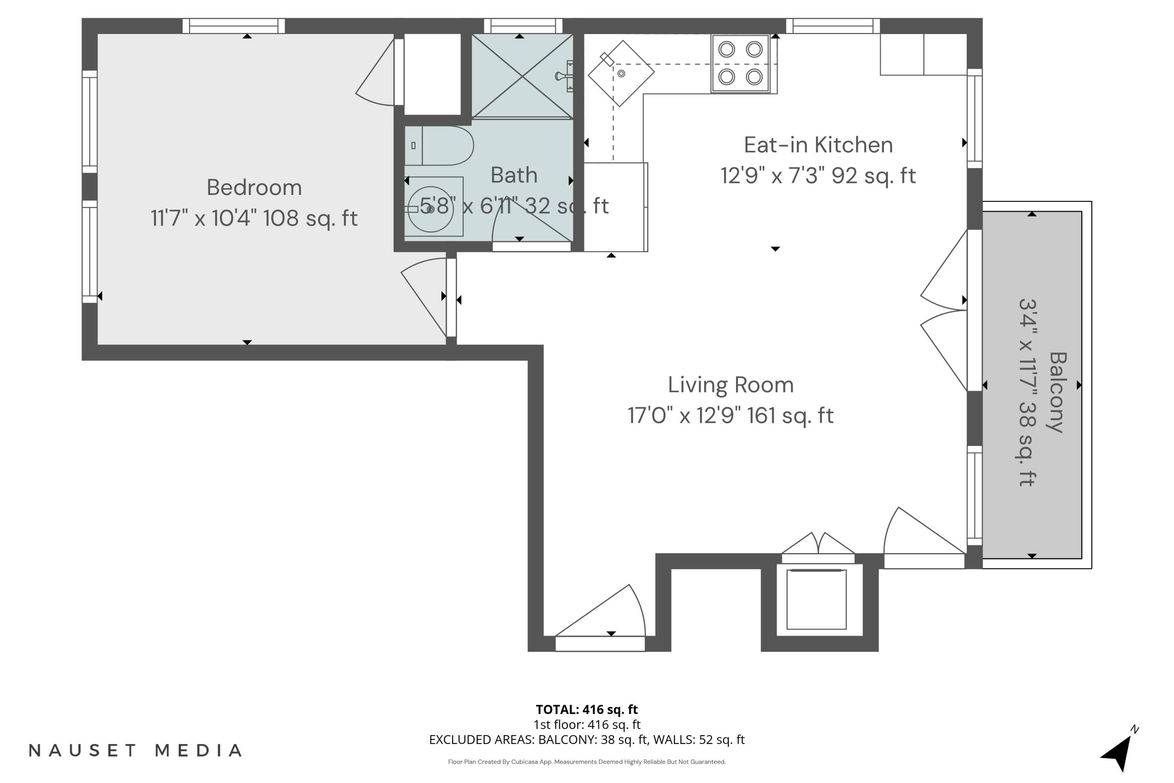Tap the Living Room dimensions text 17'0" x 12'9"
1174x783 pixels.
730,416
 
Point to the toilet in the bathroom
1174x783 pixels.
444,146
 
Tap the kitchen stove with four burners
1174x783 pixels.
740,63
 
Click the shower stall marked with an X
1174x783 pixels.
522,76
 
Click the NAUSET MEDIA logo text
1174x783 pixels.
135,751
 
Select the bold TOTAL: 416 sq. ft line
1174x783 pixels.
587,709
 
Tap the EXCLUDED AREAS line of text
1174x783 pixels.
587,740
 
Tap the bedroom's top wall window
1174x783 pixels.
233,25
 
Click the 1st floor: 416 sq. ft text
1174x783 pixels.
587,725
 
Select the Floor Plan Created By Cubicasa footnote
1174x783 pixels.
587,761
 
